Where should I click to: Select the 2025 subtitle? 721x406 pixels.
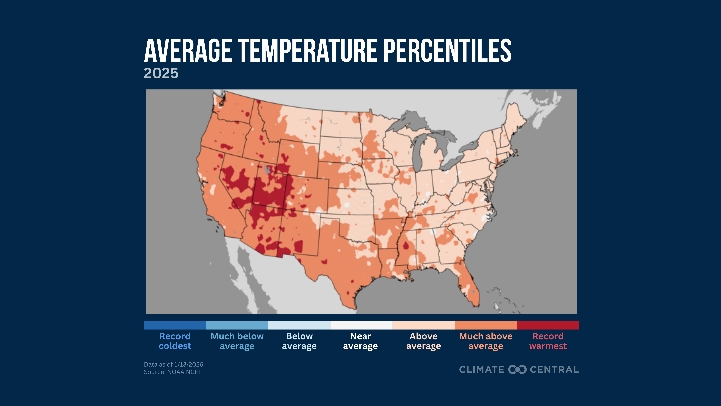(161, 73)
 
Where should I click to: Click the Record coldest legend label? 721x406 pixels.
(175, 341)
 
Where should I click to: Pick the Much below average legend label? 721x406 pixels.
(237, 341)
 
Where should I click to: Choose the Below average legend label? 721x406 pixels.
(299, 341)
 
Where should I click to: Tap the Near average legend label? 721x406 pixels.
(360, 341)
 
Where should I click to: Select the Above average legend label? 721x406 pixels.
(423, 341)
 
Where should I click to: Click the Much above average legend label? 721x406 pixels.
(486, 341)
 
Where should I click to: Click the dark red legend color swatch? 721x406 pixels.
(548, 325)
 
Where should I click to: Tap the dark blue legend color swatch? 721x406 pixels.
(175, 325)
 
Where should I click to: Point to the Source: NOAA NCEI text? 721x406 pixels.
(172, 372)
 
